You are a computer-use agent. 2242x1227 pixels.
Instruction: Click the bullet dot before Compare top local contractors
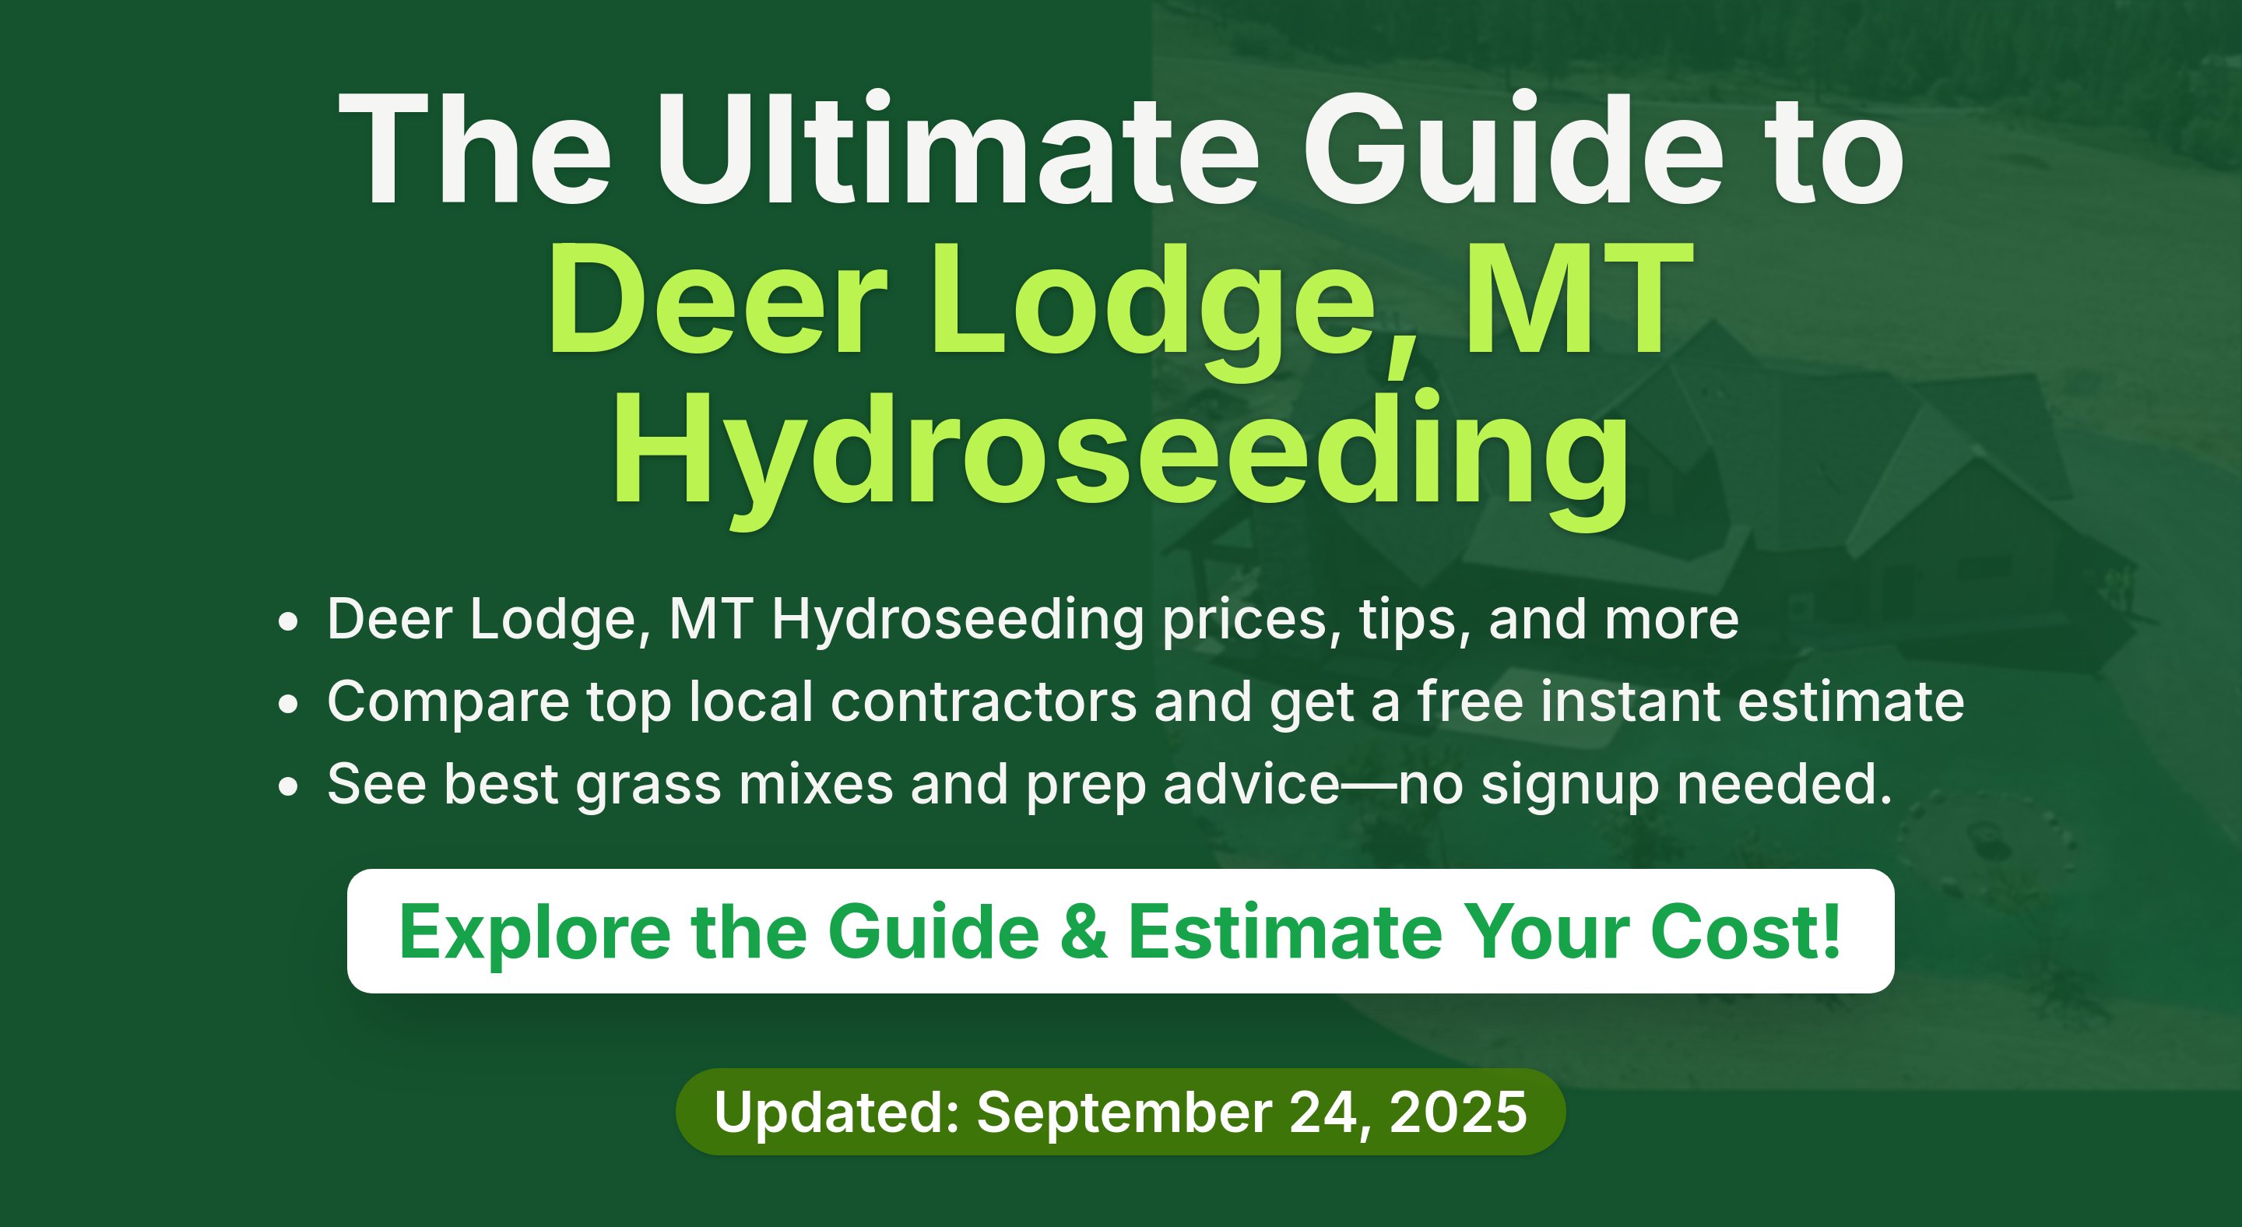(288, 703)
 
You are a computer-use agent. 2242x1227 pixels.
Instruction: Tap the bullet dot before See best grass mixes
(288, 786)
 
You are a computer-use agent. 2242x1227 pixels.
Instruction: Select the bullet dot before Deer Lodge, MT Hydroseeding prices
(288, 621)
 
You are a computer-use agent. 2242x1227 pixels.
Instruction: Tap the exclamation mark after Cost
(1831, 931)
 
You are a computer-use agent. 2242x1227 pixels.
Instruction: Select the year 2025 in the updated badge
(1458, 1112)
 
